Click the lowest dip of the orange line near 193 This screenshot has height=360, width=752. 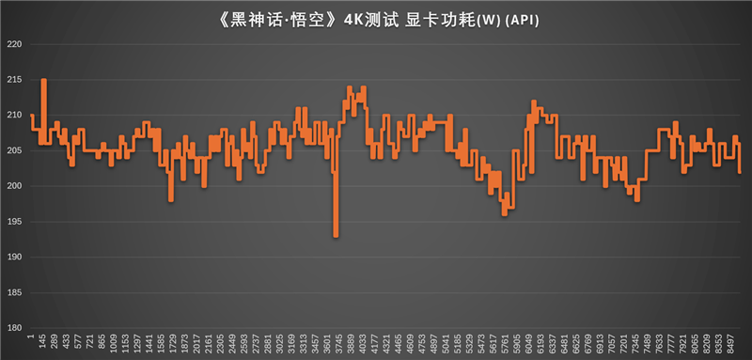pos(336,236)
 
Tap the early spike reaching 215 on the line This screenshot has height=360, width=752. pos(44,81)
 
